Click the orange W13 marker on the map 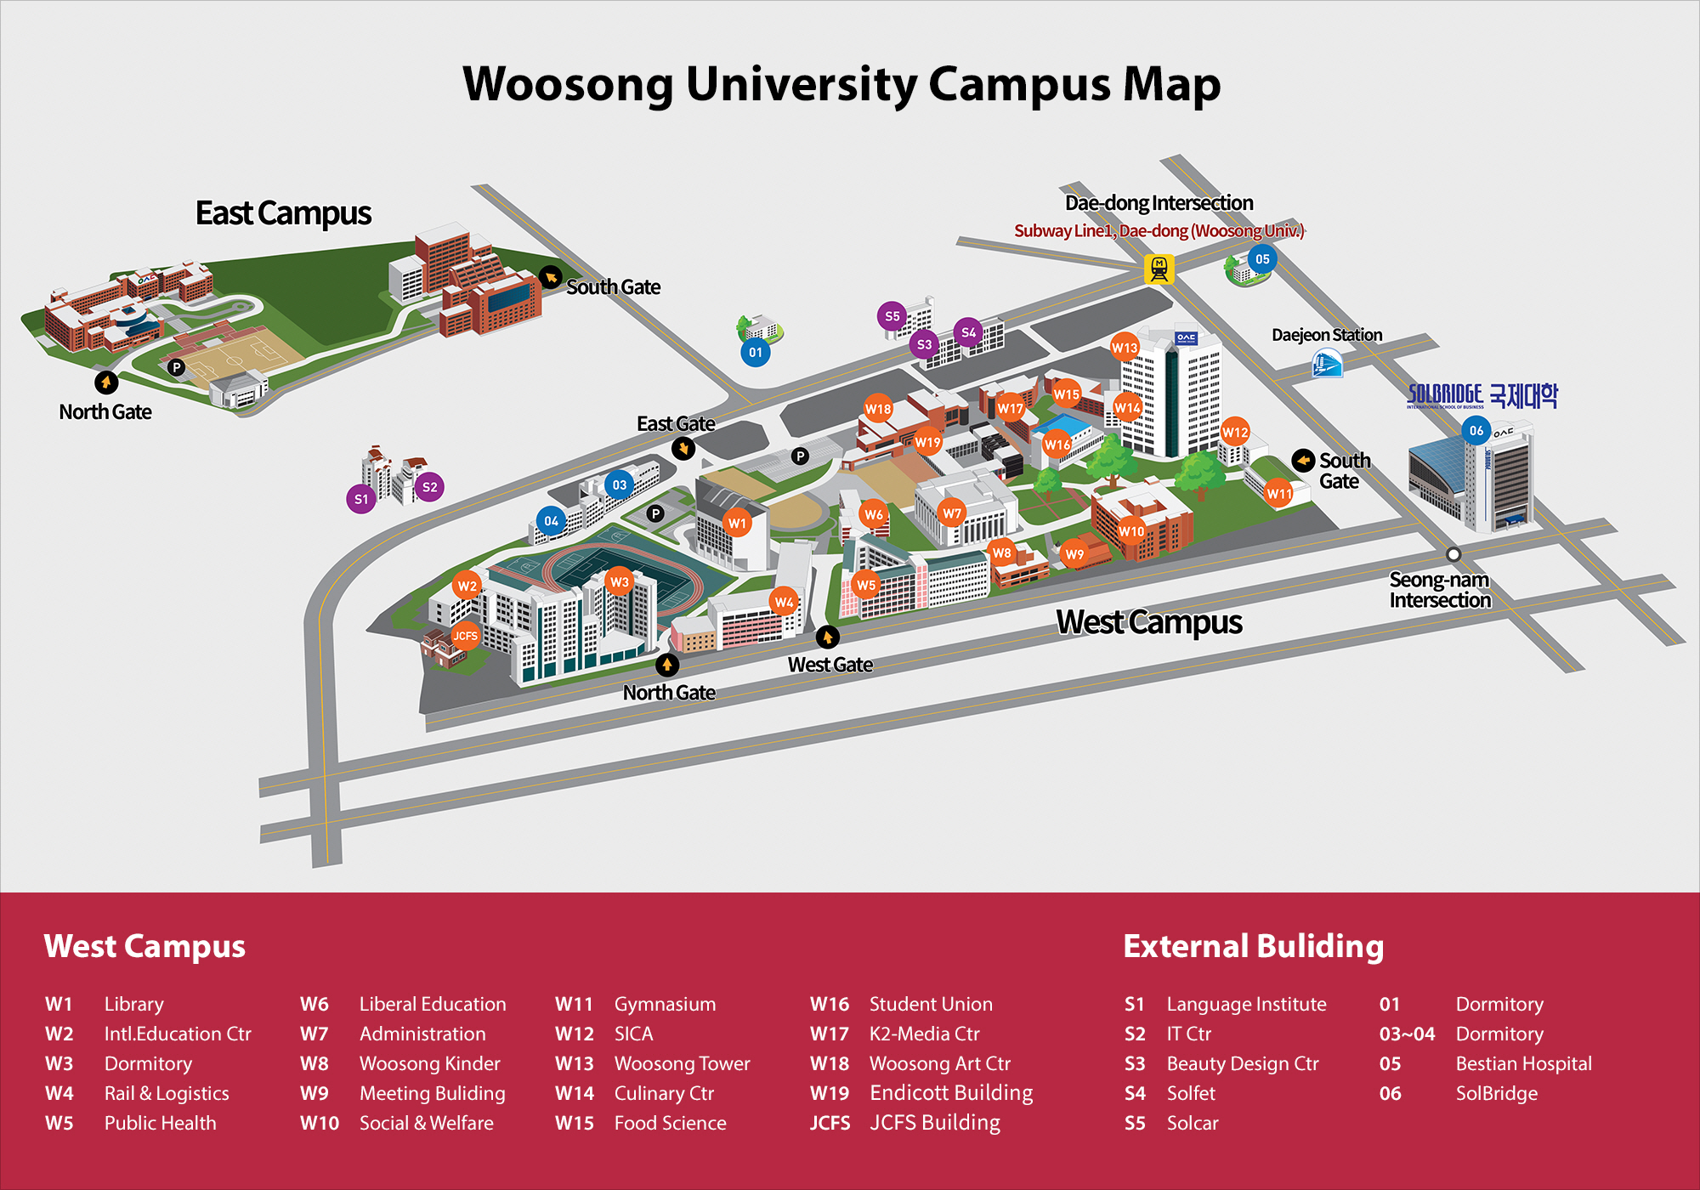1125,347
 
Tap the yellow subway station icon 1159,269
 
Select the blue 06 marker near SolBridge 1476,430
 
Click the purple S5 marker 892,316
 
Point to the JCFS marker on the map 465,636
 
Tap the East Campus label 283,213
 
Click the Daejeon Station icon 1327,365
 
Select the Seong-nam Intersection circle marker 1453,554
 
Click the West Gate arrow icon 827,637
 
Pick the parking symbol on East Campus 176,368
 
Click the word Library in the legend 133,1004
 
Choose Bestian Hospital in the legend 1523,1063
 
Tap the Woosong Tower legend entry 682,1063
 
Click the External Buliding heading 1253,946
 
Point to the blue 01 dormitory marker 755,352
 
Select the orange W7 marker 952,513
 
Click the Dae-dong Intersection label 1159,202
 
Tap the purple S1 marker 361,499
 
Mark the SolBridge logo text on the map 1482,395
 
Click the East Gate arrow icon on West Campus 683,448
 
